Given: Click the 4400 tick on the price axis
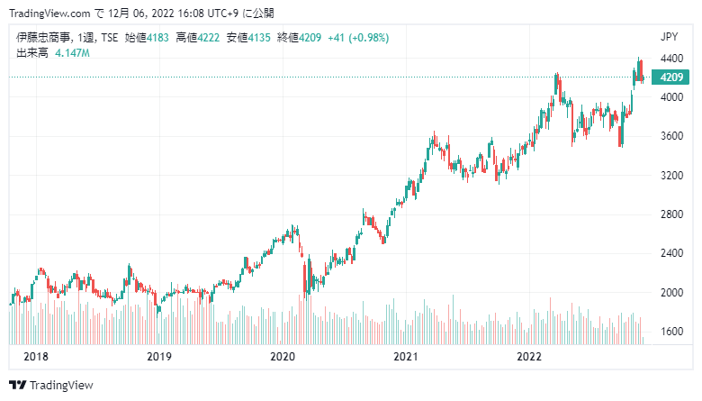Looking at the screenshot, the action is pos(671,59).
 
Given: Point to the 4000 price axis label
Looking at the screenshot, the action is pos(671,97).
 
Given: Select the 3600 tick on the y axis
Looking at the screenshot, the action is pos(671,136).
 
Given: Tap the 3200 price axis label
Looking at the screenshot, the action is pos(671,175).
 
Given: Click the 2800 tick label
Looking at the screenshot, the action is pos(671,214).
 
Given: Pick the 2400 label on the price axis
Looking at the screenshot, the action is pos(671,253).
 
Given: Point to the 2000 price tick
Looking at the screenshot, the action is pos(671,293).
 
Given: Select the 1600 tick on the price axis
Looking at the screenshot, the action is pos(671,332).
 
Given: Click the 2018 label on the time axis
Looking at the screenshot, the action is pos(36,357).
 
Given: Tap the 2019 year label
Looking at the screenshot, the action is pos(159,357).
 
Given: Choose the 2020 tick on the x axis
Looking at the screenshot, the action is pos(283,357).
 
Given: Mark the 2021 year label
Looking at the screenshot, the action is pos(406,357).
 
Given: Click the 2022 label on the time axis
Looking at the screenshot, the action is pos(529,357).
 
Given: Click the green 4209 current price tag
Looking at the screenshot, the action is pos(670,77).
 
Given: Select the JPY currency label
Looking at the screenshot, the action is pos(670,37).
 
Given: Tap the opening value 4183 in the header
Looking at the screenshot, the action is pos(158,38).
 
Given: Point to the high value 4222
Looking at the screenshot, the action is pos(209,38).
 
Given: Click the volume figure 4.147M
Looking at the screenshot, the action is pos(73,53).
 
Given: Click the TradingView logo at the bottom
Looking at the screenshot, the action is pos(51,386).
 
